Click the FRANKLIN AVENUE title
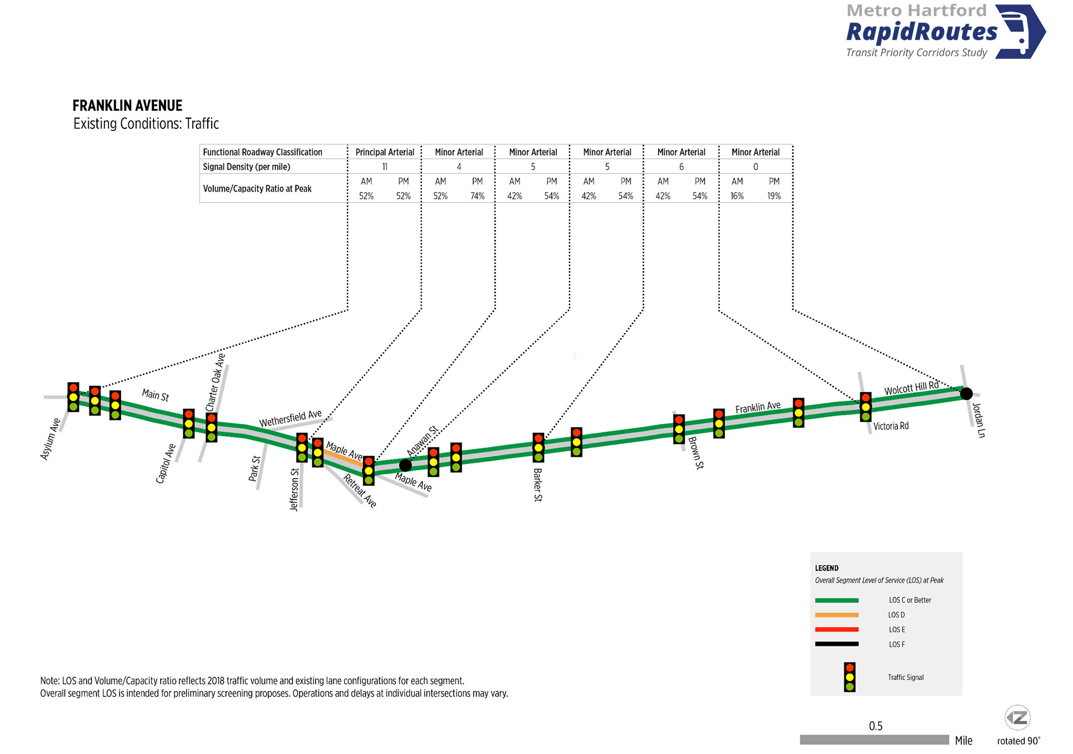click(127, 106)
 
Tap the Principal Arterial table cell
click(385, 152)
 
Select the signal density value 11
click(385, 167)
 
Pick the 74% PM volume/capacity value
click(477, 196)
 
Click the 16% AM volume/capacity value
click(737, 196)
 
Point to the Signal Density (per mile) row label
click(246, 167)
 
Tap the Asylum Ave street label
click(51, 439)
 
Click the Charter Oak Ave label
click(215, 382)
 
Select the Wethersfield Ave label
click(290, 418)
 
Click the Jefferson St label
click(294, 490)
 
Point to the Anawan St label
click(422, 441)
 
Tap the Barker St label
click(538, 485)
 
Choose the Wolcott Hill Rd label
click(912, 388)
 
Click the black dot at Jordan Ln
click(967, 393)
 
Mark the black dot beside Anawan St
click(405, 465)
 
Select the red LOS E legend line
click(837, 629)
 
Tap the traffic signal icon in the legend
click(850, 677)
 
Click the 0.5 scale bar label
click(875, 726)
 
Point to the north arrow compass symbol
click(1017, 718)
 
